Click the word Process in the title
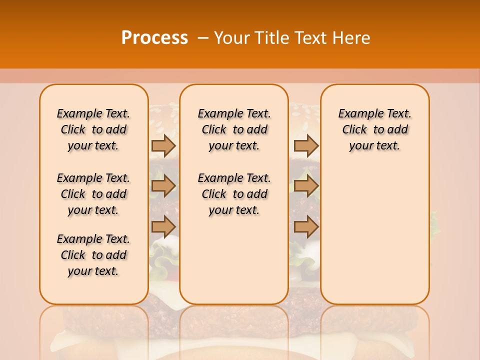(x=154, y=37)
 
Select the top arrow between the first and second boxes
(x=163, y=145)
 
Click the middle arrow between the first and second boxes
(x=163, y=186)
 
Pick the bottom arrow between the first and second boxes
(x=163, y=227)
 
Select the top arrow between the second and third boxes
(x=306, y=145)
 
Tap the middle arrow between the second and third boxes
(x=306, y=186)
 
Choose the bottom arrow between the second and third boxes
(x=306, y=227)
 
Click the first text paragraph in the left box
(x=93, y=129)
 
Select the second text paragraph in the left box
(x=93, y=194)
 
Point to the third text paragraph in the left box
(x=93, y=255)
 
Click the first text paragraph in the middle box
(x=234, y=129)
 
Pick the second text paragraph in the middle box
(x=234, y=194)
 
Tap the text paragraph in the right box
(x=374, y=129)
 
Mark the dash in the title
(x=203, y=37)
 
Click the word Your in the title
(x=232, y=37)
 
